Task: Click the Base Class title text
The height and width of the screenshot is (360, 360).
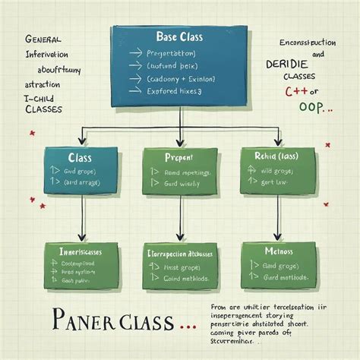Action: tap(180, 36)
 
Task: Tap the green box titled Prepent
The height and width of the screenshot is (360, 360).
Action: tap(178, 170)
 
